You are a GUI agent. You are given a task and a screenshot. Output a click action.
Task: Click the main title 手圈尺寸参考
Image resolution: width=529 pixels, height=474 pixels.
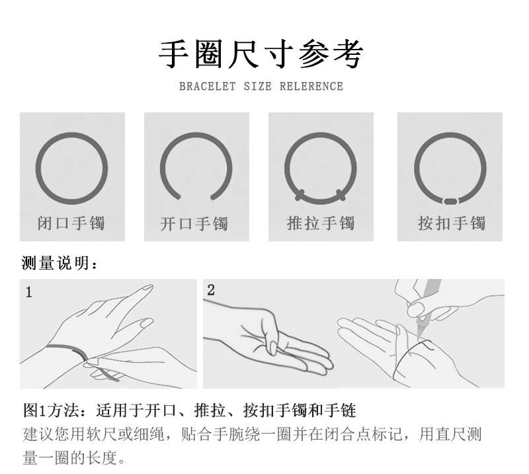pos(261,54)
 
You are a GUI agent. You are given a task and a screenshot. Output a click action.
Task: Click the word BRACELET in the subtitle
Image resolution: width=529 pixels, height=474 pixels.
pos(207,87)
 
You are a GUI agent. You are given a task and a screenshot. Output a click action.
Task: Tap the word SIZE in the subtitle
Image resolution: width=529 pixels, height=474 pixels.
pos(257,87)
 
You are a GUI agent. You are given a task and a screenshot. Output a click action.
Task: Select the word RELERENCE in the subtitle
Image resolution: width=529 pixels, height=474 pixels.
pos(311,87)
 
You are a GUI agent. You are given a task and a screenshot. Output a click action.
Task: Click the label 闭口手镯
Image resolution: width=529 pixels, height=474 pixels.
pos(71,223)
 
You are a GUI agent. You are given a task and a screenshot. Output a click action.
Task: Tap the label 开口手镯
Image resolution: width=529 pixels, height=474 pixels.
pos(194,223)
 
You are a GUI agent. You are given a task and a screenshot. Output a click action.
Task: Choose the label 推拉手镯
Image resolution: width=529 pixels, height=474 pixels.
pos(321,223)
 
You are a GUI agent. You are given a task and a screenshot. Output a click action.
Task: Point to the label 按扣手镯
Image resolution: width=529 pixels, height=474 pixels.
pos(452,223)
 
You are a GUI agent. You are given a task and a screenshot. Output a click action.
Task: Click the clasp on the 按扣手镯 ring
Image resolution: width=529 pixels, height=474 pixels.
pos(450,202)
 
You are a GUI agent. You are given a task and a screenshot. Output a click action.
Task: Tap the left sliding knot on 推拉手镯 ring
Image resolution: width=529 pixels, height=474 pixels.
pos(300,195)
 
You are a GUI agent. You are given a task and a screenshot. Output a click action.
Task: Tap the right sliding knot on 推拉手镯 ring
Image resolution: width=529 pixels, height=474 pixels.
pos(341,195)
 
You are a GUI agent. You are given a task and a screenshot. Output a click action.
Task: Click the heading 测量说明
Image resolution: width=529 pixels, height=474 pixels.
pos(59,263)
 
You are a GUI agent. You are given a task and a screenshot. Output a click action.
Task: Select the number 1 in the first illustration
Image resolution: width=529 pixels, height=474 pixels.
pos(29,292)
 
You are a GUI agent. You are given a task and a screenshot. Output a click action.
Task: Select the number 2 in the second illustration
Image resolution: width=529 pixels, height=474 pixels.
pos(211,290)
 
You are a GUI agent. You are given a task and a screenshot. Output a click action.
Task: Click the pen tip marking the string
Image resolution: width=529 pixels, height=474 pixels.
pos(419,337)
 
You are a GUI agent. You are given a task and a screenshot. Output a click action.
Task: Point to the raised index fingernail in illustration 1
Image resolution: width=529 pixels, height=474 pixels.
pos(147,288)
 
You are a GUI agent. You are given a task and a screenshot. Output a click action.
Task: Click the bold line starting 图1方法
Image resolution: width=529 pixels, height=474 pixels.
pos(189,411)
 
